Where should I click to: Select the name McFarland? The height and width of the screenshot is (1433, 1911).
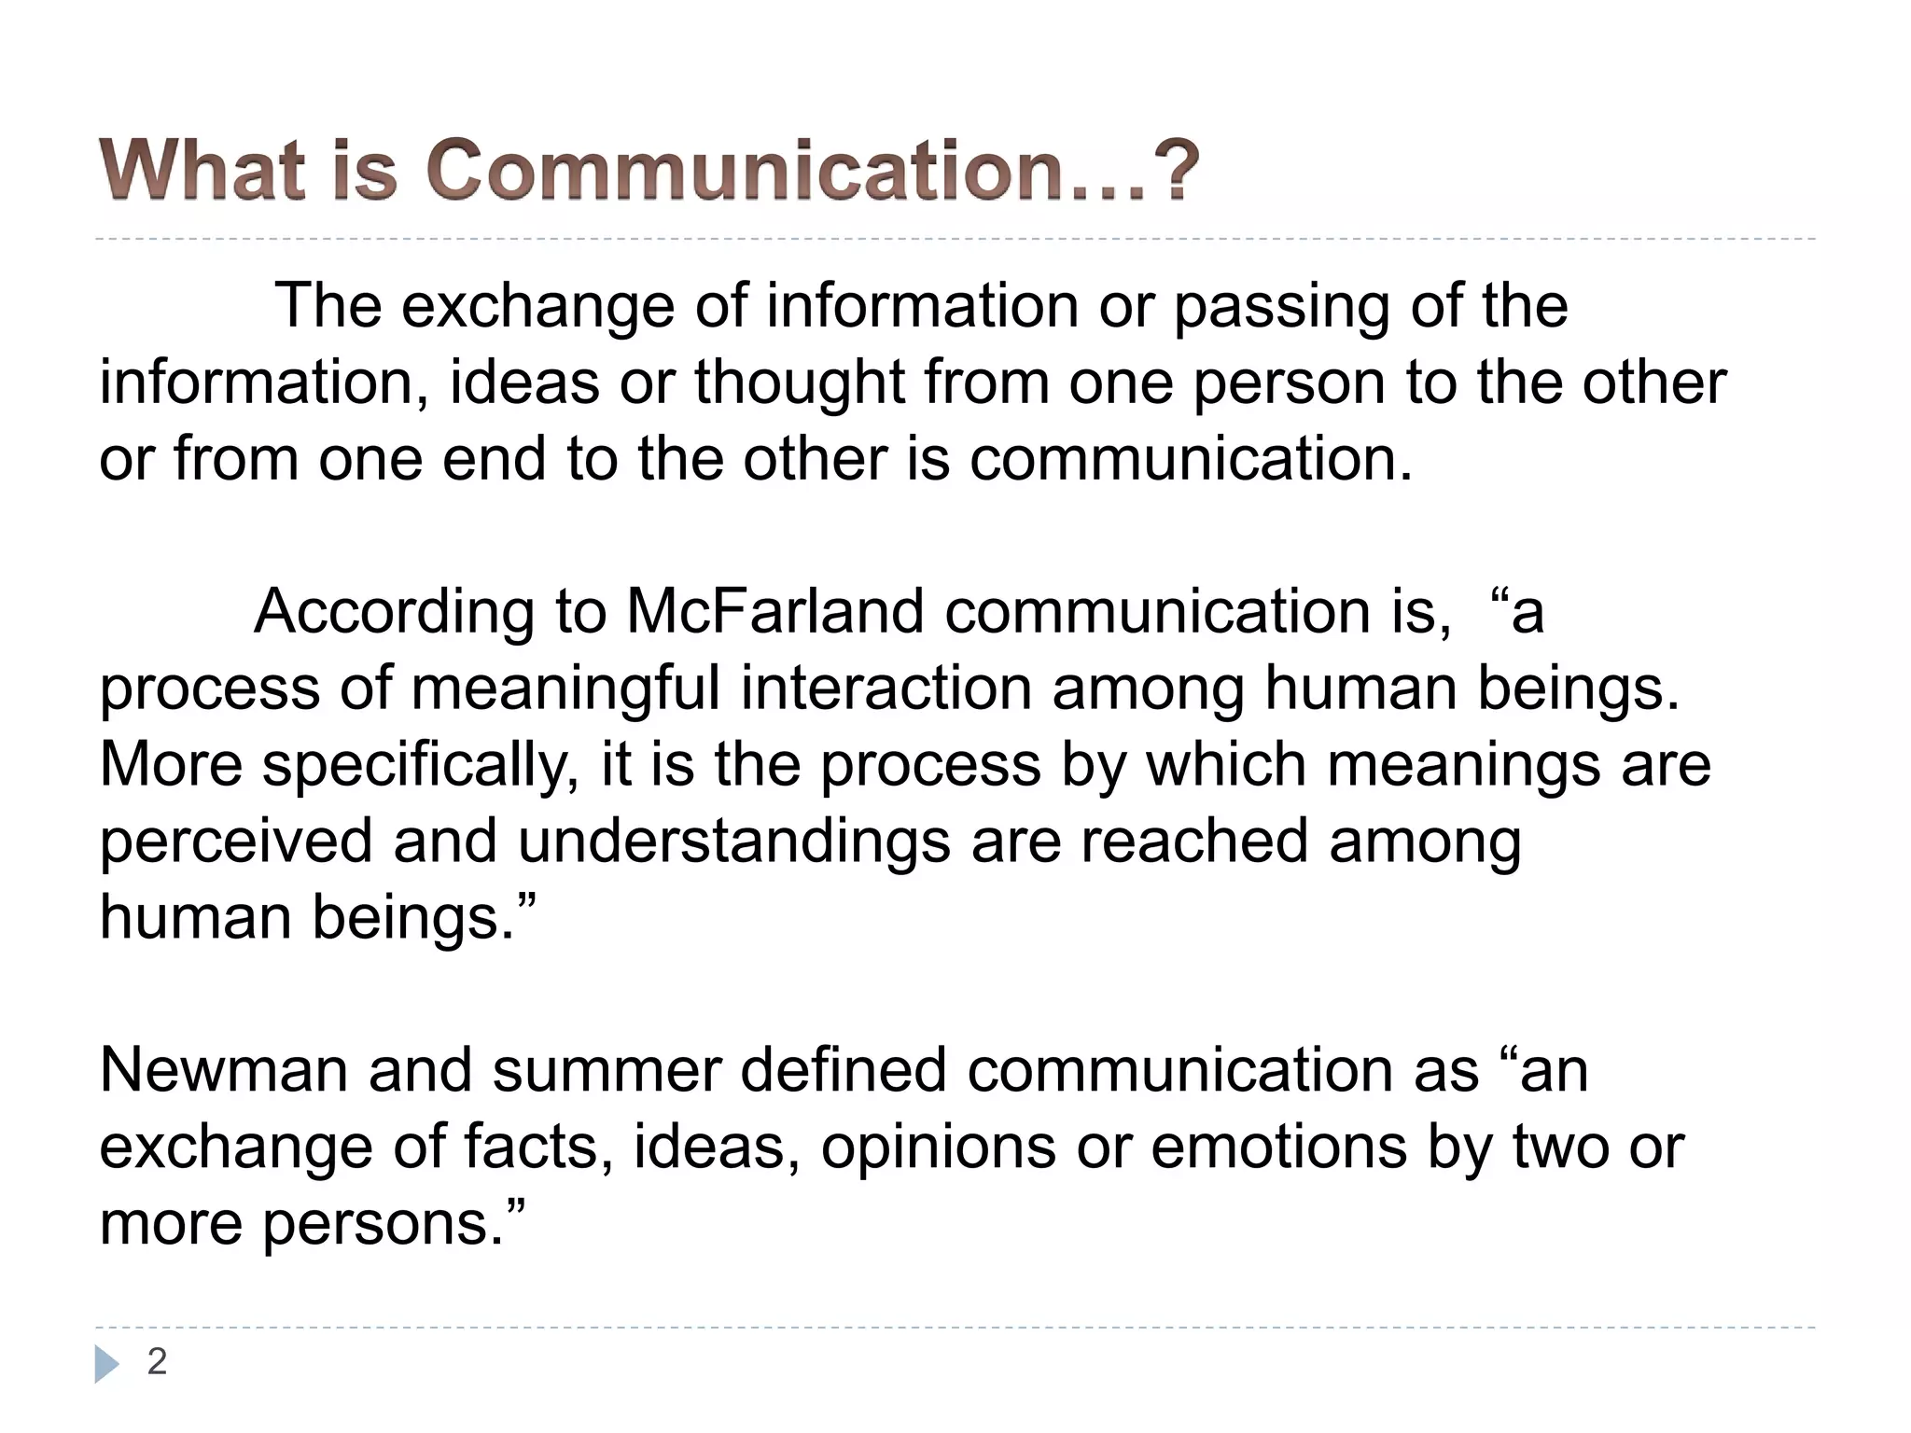point(775,612)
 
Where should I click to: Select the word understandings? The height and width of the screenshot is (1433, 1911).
point(733,842)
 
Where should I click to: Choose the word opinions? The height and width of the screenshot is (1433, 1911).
point(938,1147)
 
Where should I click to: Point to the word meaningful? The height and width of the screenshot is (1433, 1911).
point(565,689)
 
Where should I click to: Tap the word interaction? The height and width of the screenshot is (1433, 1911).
point(886,689)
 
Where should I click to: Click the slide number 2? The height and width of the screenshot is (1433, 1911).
point(157,1362)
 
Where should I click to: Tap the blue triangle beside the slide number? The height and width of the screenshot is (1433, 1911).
point(107,1364)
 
